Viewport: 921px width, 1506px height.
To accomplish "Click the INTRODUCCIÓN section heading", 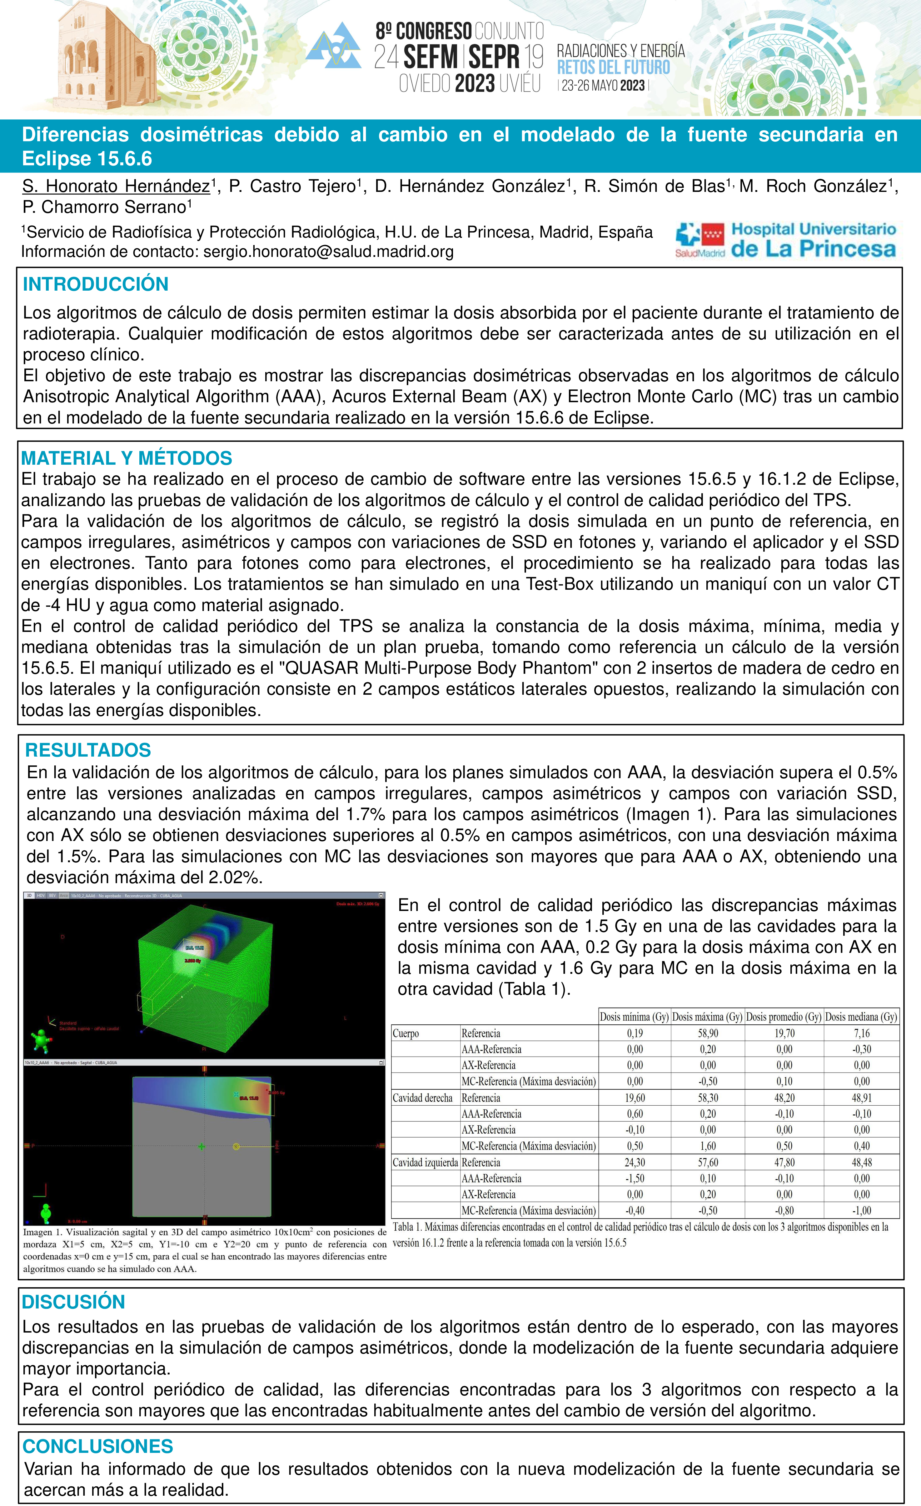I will tap(95, 284).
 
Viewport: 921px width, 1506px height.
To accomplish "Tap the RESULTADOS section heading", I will tap(88, 750).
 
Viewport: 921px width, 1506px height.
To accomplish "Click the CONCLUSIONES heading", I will tap(98, 1446).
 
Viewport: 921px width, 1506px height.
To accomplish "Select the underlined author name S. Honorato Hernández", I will tap(116, 187).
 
